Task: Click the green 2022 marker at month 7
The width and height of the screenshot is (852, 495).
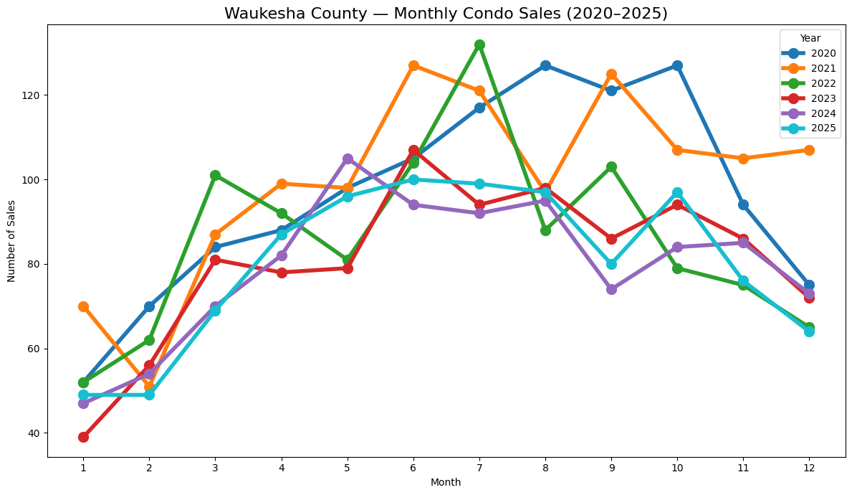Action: [x=479, y=44]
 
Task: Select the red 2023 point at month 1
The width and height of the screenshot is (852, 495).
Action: [x=83, y=437]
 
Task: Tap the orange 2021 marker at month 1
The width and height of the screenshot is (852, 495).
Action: [x=83, y=306]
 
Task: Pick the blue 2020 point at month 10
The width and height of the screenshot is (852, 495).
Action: [x=677, y=65]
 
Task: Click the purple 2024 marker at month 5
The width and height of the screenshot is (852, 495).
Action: [x=348, y=159]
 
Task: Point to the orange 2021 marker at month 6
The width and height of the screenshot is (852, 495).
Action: [x=413, y=65]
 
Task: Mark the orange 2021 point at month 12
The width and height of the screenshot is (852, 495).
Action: [x=809, y=150]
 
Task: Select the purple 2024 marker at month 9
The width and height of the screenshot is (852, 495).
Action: [x=611, y=289]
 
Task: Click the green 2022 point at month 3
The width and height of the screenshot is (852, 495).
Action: [x=215, y=175]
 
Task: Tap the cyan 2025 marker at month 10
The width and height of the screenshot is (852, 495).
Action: [x=677, y=192]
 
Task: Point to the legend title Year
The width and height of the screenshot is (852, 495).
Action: [x=810, y=38]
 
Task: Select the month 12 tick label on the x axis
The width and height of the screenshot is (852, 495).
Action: [x=809, y=467]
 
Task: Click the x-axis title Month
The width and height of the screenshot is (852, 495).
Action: [x=446, y=482]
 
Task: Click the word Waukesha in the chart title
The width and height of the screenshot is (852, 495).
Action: [x=257, y=14]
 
